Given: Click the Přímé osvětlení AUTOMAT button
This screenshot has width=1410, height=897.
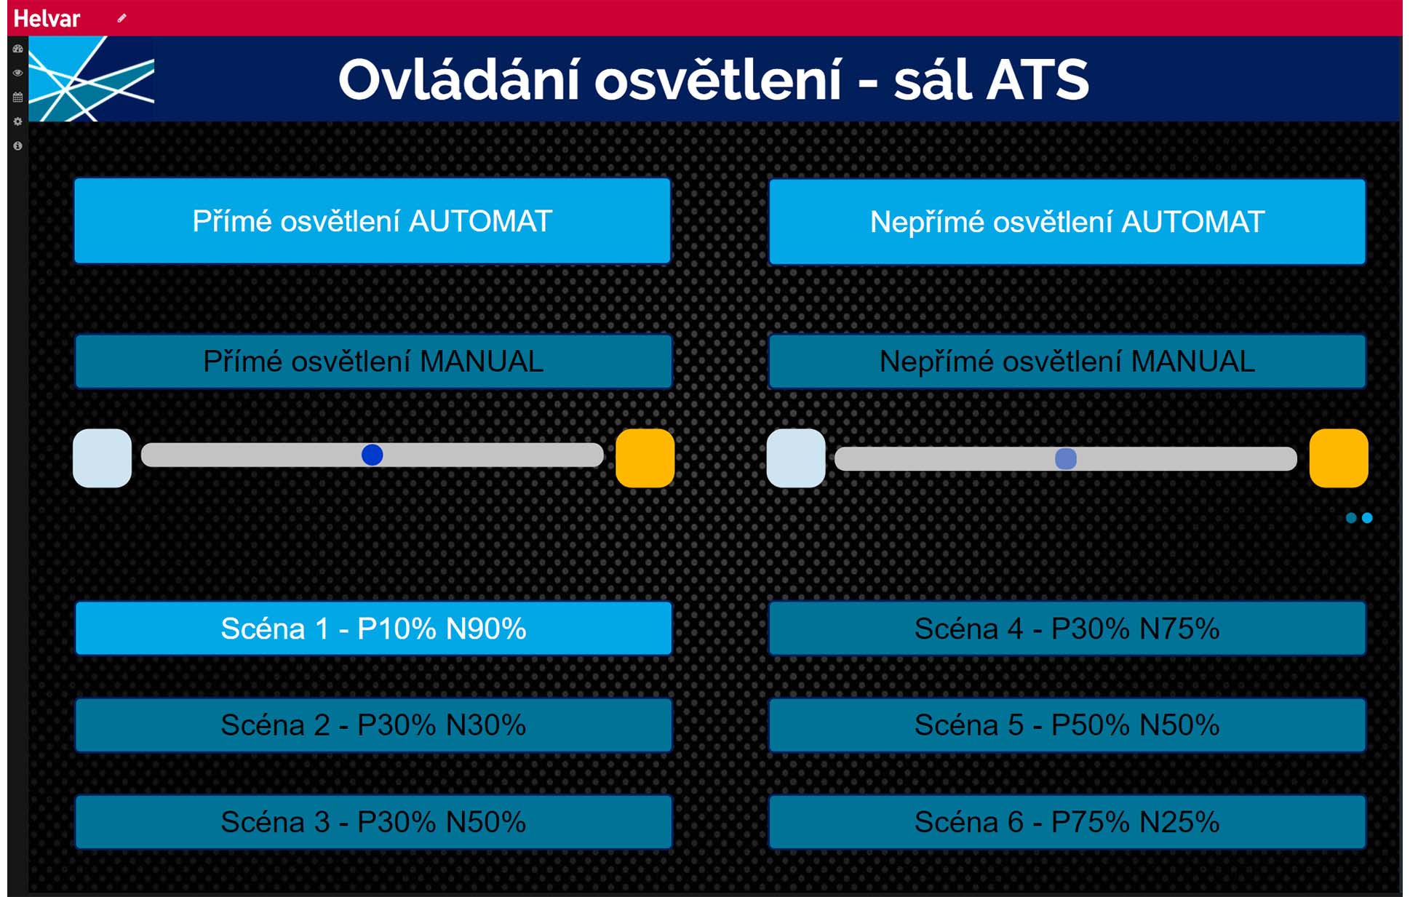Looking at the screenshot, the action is [372, 220].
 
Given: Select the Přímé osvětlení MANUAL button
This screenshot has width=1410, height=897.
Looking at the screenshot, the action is [373, 362].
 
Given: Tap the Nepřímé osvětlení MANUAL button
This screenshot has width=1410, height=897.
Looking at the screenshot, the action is [1067, 362].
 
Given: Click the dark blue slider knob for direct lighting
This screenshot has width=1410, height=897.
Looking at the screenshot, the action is [373, 455].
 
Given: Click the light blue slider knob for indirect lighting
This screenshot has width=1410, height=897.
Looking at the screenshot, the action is [1066, 458].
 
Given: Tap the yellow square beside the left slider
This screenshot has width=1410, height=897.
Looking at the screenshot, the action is [645, 458].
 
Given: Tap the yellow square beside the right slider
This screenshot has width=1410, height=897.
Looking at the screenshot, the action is [1339, 458].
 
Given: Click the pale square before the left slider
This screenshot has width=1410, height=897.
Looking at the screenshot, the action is [103, 458].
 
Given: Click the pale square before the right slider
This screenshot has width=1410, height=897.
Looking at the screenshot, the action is [796, 458].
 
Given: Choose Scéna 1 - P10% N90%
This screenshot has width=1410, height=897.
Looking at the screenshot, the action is [373, 629].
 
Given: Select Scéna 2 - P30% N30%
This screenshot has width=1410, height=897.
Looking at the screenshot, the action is [373, 725].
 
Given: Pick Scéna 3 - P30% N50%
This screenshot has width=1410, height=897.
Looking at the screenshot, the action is [373, 822].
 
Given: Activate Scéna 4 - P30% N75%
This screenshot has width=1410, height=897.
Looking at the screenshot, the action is [1067, 629].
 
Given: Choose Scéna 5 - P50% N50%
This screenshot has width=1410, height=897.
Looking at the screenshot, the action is [1067, 725].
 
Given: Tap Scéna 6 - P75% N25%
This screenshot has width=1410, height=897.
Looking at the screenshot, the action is [1067, 822].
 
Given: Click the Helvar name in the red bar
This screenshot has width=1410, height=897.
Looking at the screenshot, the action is [47, 18].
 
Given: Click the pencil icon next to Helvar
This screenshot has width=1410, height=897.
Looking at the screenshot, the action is [122, 18].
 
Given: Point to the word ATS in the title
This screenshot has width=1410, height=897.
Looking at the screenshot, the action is [1037, 80].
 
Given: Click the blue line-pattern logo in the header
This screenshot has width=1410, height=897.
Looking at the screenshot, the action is [91, 79].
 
